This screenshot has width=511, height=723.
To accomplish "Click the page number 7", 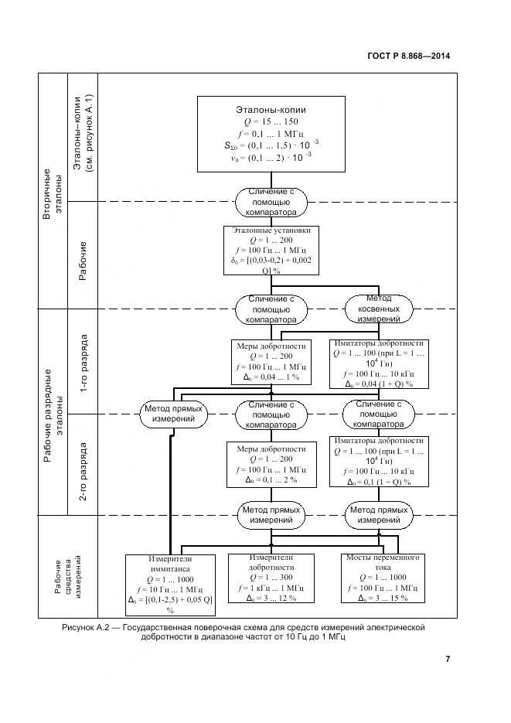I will coord(448,659).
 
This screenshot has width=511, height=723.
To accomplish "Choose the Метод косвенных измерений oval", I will coord(378,308).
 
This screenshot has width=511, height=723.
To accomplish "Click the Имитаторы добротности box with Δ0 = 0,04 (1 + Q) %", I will coord(378,362).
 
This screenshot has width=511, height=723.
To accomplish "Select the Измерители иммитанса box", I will coord(169,579).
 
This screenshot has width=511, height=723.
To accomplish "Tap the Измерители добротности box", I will coord(271,578).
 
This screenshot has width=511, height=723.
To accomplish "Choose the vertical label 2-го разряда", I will coord(84,466).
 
